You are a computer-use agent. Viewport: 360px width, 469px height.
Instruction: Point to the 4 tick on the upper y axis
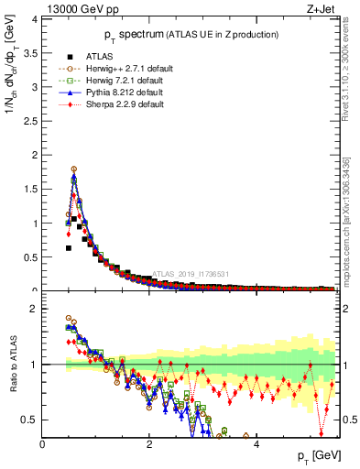34,18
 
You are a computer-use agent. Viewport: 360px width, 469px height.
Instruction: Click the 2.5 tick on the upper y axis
29,121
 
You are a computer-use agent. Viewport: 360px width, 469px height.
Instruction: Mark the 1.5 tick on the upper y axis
29,189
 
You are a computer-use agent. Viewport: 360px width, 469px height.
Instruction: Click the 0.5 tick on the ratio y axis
29,420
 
